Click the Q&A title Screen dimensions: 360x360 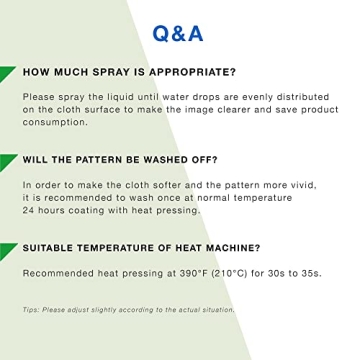pos(178,34)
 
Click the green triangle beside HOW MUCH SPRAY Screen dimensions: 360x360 pos(8,74)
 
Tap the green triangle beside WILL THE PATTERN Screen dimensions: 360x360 pos(8,161)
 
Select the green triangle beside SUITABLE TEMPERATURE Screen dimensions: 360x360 pos(8,249)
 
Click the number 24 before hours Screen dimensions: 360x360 pos(28,210)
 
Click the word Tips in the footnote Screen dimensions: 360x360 pos(30,310)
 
